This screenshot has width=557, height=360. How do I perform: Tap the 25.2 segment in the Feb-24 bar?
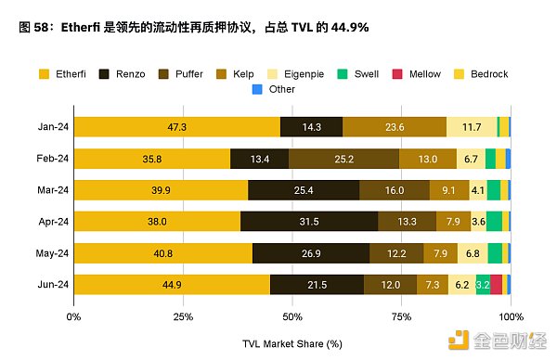tap(343, 159)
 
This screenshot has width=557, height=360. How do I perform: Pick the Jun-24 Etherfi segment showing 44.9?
tap(172, 284)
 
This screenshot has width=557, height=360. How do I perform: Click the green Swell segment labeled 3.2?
tap(483, 284)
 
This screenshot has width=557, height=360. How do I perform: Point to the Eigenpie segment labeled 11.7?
tap(471, 127)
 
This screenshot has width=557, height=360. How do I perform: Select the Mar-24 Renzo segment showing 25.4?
tap(304, 190)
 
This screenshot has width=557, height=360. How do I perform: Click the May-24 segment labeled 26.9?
tap(310, 252)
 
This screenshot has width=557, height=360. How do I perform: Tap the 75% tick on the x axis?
tap(401, 315)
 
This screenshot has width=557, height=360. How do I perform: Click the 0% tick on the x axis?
tap(74, 315)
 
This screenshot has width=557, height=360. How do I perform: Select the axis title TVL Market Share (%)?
tap(292, 343)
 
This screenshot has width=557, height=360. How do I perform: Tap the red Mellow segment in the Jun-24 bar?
tap(497, 284)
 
